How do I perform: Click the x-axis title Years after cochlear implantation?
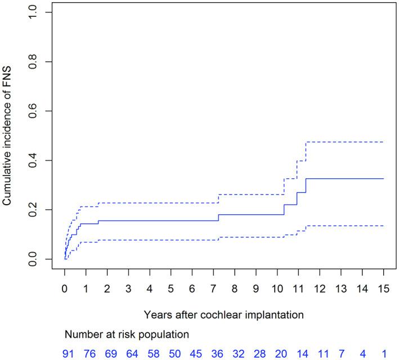(224, 313)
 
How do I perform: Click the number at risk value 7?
(342, 353)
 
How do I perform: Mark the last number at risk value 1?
(383, 353)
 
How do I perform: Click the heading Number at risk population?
(126, 334)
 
